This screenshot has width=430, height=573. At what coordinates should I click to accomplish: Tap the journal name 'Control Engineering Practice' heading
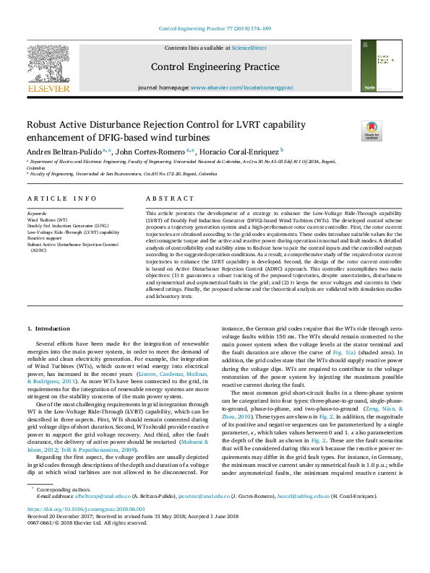215,67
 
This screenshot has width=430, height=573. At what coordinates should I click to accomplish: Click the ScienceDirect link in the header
249,48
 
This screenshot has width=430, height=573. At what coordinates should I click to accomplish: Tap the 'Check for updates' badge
371,131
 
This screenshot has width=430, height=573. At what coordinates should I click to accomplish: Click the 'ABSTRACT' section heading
165,198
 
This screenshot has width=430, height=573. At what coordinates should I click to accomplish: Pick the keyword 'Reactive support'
45,238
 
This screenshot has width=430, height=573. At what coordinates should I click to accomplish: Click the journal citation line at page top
215,28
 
